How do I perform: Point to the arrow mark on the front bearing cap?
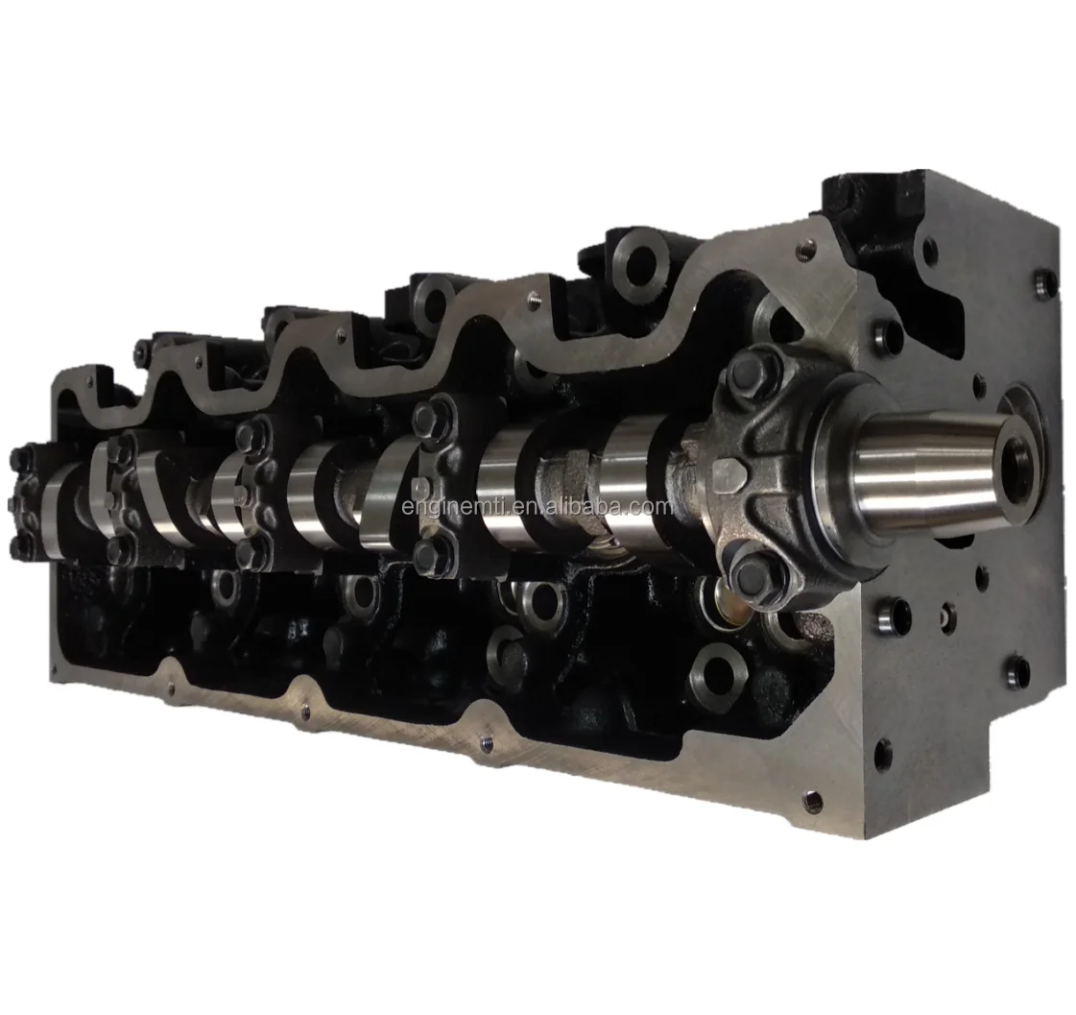[730, 473]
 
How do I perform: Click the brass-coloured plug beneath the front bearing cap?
[718, 606]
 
